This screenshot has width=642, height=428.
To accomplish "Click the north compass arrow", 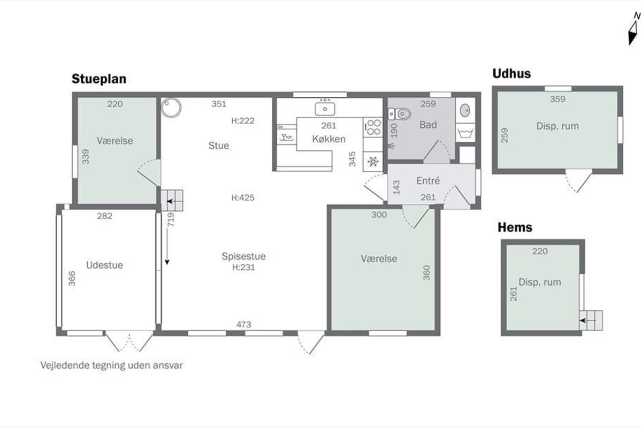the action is pyautogui.click(x=632, y=33).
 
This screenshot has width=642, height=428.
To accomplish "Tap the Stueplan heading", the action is pyautogui.click(x=99, y=79).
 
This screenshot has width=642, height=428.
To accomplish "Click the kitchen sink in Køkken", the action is pyautogui.click(x=325, y=109).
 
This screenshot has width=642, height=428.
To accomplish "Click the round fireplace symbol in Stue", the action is pyautogui.click(x=171, y=108).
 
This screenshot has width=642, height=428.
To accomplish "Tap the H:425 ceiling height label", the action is pyautogui.click(x=243, y=197).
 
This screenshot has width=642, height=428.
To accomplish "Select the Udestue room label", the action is pyautogui.click(x=105, y=265).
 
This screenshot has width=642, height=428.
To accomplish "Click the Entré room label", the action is pyautogui.click(x=428, y=181).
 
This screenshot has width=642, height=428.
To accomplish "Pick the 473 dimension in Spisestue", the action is pyautogui.click(x=243, y=324).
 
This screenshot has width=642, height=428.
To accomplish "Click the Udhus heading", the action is pyautogui.click(x=511, y=74).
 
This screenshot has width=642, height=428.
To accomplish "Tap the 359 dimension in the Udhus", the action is pyautogui.click(x=557, y=99).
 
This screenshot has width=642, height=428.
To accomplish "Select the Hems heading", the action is pyautogui.click(x=515, y=227).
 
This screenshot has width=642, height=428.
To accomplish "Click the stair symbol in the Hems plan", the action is pyautogui.click(x=591, y=320).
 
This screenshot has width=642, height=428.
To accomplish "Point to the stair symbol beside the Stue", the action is pyautogui.click(x=172, y=201).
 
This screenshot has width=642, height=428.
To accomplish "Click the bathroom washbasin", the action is pyautogui.click(x=465, y=111).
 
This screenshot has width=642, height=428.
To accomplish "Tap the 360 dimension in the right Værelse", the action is pyautogui.click(x=426, y=273).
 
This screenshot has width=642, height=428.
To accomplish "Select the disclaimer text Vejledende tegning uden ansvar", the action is pyautogui.click(x=111, y=365).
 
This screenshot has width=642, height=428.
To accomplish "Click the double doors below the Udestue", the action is pyautogui.click(x=129, y=341).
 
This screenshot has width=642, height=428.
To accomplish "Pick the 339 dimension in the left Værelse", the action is pyautogui.click(x=86, y=157).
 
